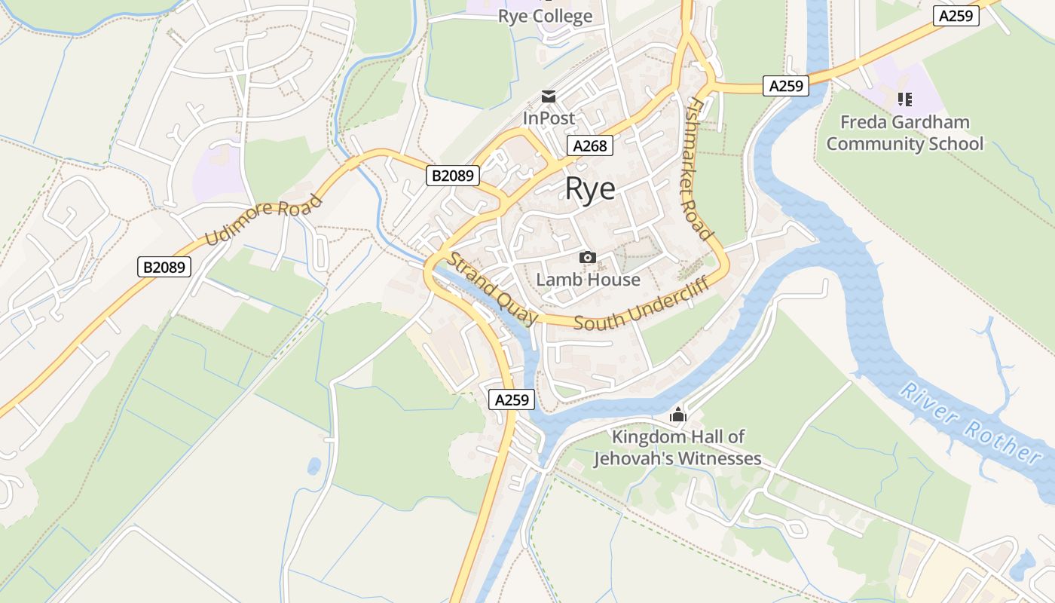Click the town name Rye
(x=590, y=189)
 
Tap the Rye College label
(x=545, y=16)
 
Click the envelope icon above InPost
(x=549, y=96)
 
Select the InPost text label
(x=549, y=118)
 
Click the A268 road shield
(x=589, y=145)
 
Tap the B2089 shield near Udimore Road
(x=165, y=266)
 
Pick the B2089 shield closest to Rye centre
(x=453, y=176)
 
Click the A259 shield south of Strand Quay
(x=512, y=399)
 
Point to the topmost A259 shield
(x=956, y=16)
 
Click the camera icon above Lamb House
(x=588, y=258)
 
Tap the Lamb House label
(x=588, y=280)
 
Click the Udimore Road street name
(x=264, y=219)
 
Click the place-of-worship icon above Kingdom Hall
(x=678, y=415)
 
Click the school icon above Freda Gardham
(x=904, y=99)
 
